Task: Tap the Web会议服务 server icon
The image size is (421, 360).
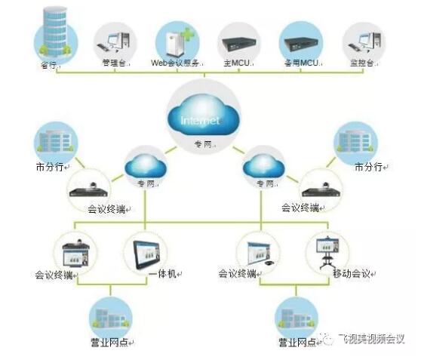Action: pos(176,40)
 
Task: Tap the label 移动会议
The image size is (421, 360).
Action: pos(351,273)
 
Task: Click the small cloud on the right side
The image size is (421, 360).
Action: pos(263,164)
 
